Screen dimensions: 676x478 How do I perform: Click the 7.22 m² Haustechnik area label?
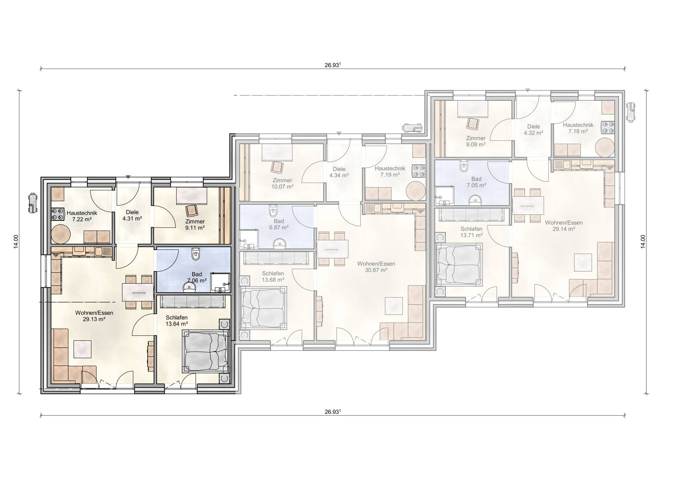[82, 216]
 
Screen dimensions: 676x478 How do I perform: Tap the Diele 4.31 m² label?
[132, 215]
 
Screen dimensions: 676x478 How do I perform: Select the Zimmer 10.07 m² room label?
[282, 183]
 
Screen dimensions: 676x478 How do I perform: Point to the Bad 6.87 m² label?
[279, 224]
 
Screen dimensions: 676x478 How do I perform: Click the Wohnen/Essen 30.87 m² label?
[376, 267]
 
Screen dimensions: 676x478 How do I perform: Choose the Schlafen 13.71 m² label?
[471, 232]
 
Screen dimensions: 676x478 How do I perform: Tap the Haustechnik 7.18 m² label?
[578, 128]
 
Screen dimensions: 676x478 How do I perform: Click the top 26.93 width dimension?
[333, 65]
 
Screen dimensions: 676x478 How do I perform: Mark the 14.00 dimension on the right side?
[643, 241]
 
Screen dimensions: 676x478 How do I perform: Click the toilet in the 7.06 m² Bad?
[196, 254]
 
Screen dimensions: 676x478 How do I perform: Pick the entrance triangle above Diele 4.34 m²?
[339, 133]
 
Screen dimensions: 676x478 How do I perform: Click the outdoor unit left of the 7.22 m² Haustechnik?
[32, 203]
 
